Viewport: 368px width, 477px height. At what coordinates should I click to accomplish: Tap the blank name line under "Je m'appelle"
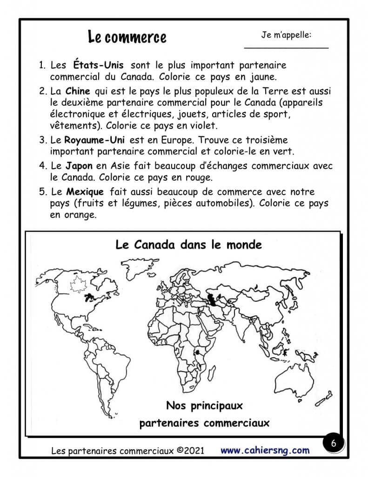point(286,47)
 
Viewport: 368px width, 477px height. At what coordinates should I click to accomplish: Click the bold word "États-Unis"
point(98,65)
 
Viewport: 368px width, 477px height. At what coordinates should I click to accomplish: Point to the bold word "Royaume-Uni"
point(92,140)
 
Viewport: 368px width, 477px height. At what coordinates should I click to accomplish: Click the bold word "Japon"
point(79,166)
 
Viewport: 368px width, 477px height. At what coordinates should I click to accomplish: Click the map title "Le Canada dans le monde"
point(188,245)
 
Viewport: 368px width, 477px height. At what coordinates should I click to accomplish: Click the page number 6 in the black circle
point(333,443)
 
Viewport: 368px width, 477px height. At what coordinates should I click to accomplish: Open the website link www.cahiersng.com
point(265,450)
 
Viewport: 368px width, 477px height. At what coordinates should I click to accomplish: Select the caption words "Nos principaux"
point(204,405)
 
